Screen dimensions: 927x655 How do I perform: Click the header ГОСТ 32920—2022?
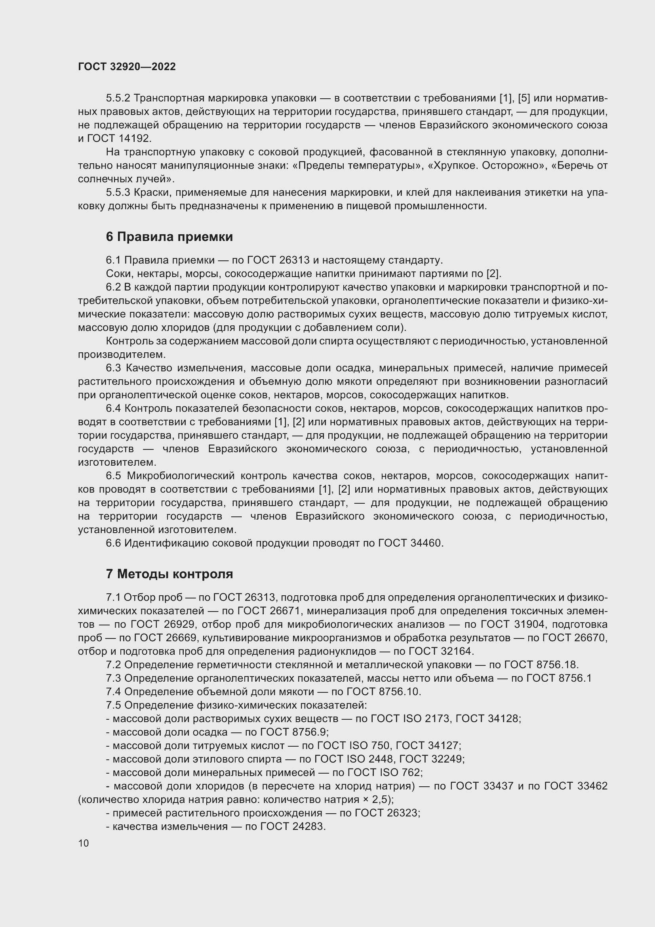127,67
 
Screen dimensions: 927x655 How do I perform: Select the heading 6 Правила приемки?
169,237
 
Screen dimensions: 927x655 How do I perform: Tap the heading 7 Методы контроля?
169,574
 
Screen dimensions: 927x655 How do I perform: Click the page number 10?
84,843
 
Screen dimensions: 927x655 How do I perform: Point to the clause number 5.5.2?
118,98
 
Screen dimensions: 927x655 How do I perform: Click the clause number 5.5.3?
118,193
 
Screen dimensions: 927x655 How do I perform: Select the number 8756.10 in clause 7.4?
400,692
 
